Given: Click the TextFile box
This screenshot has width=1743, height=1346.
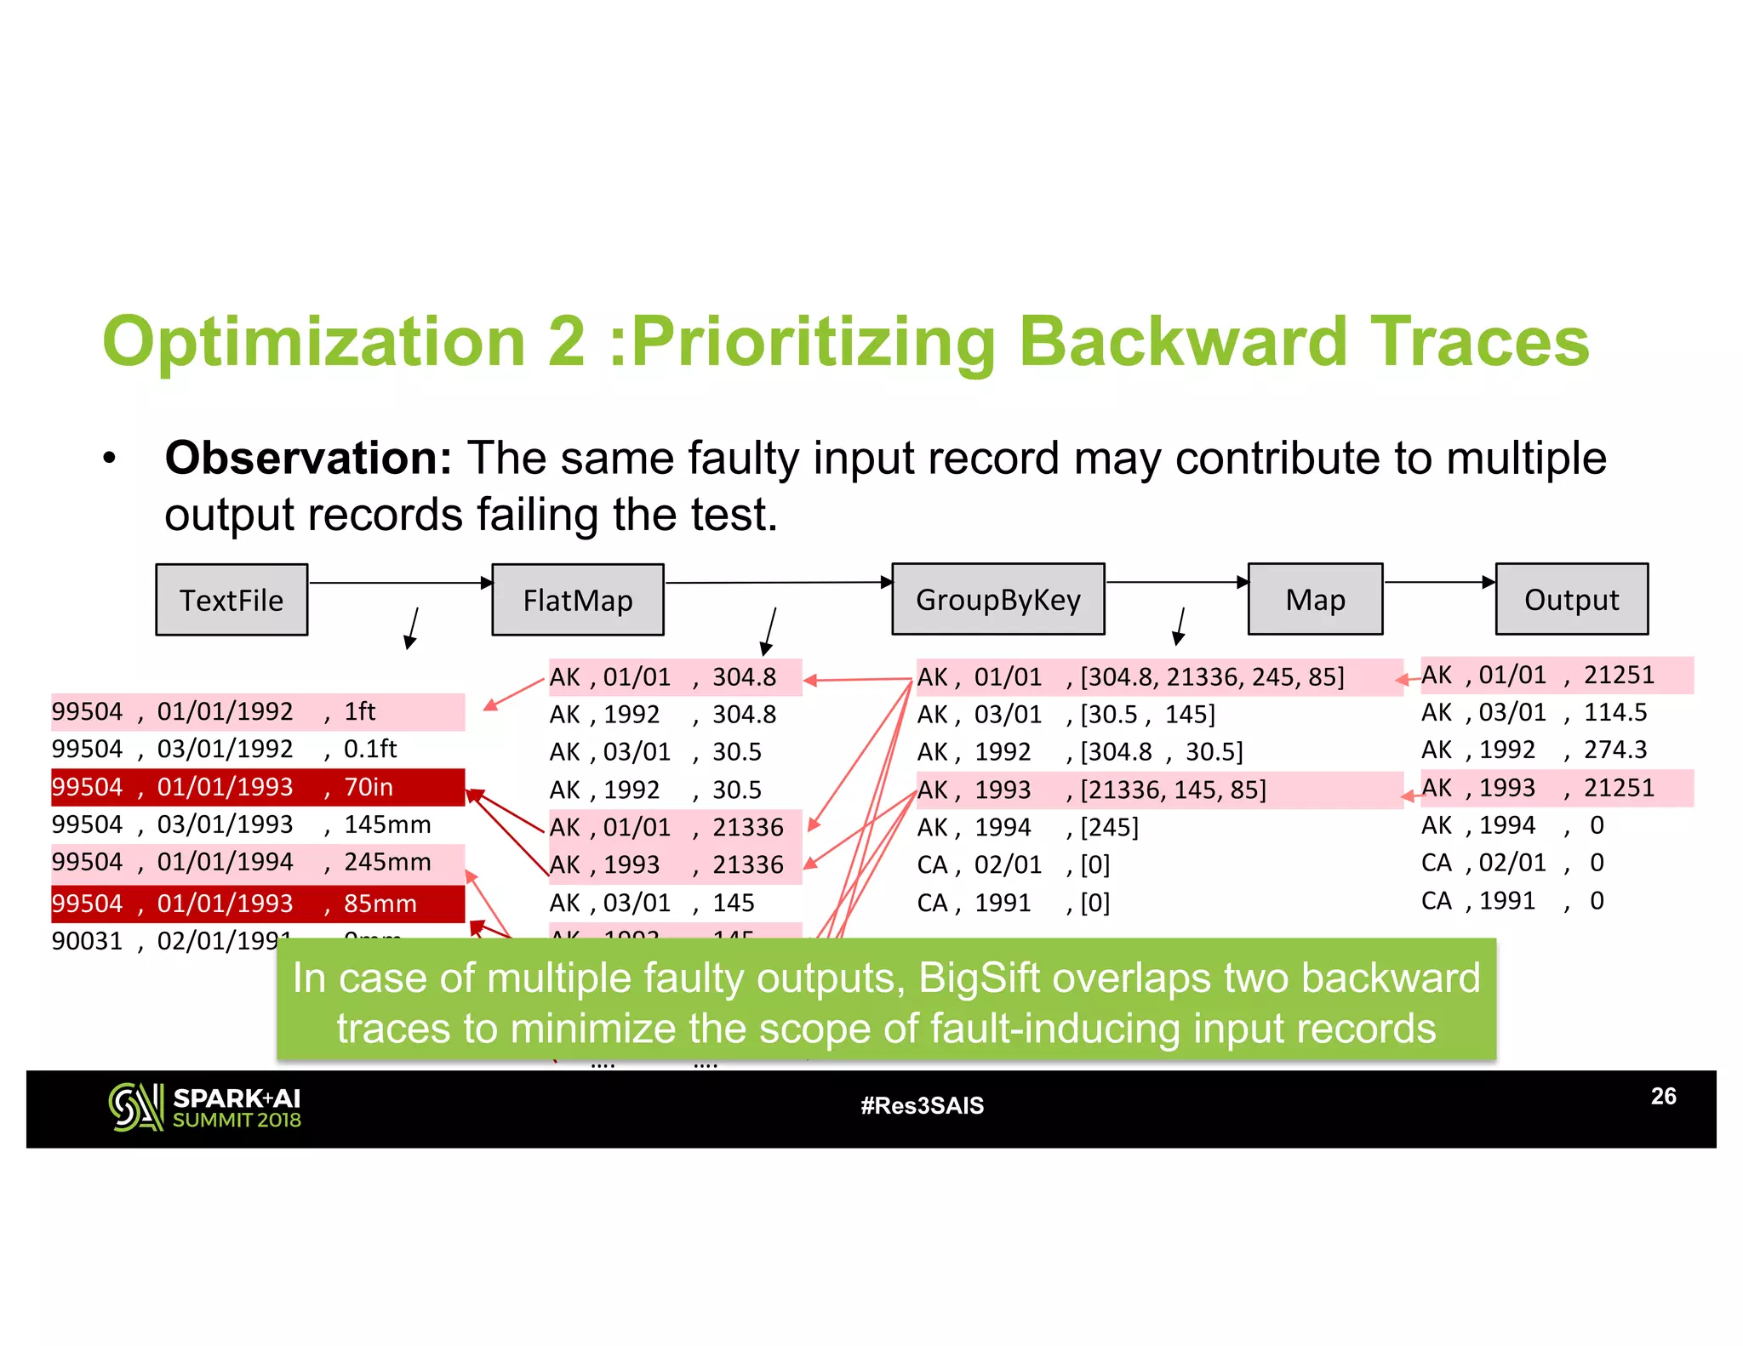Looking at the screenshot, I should [x=231, y=600].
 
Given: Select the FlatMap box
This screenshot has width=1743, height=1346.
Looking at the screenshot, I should [x=578, y=600].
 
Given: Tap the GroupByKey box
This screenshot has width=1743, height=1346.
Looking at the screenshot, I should [x=998, y=599].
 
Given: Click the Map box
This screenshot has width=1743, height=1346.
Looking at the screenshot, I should [x=1315, y=599].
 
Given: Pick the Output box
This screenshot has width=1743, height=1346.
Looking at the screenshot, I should [x=1571, y=599].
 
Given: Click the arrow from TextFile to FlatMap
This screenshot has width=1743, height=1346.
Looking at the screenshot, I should [x=400, y=583].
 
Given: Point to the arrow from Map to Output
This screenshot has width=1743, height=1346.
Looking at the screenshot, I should [x=1438, y=582].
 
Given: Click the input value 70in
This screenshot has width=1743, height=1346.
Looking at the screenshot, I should [x=369, y=787].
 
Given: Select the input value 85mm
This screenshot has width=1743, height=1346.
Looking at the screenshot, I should [x=380, y=904].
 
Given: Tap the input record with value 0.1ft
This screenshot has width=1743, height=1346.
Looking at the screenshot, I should [x=370, y=749].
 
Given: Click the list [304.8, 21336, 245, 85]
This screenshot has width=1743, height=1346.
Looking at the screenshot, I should [x=1212, y=677].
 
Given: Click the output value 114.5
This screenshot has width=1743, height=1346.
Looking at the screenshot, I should [x=1614, y=712].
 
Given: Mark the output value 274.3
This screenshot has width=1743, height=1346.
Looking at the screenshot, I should [x=1614, y=750].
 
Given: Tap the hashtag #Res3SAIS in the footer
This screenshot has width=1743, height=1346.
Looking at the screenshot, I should [x=922, y=1105].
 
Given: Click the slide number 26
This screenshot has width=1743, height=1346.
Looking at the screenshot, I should [x=1663, y=1096].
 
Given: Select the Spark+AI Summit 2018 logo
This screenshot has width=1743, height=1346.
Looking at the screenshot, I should [x=205, y=1107].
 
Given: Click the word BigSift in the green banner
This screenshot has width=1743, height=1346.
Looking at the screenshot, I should [x=978, y=978].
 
